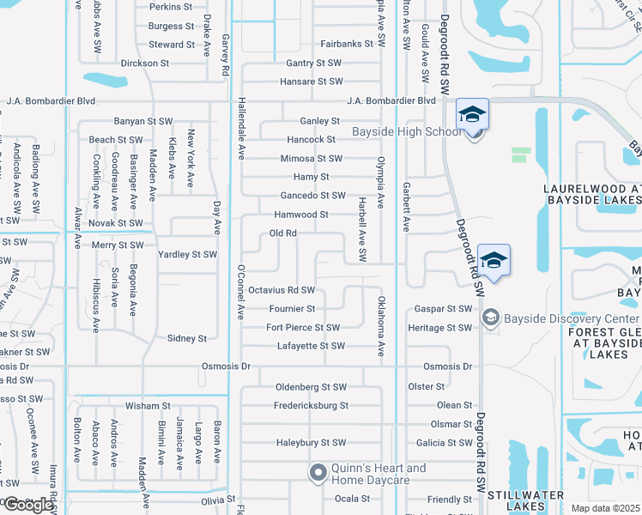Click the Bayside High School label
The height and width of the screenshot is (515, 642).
tap(407, 131)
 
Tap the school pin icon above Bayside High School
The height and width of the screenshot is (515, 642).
tap(471, 116)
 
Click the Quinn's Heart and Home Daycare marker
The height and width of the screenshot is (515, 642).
tap(318, 472)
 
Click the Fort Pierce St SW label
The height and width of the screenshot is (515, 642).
tap(303, 328)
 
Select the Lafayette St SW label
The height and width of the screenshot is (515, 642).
tap(311, 346)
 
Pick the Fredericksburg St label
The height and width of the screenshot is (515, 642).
tap(311, 405)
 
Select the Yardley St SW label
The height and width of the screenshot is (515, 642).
tap(187, 255)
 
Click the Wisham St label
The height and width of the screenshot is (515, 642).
tap(148, 405)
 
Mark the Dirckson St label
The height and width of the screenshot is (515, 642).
tap(144, 64)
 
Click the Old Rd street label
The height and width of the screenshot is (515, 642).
tap(283, 233)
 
